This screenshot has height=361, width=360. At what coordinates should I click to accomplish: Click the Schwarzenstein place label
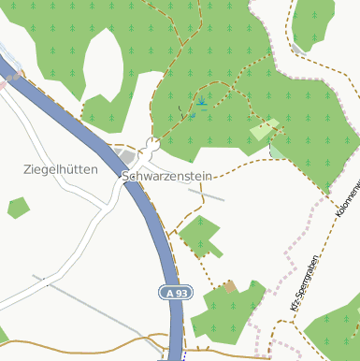click(x=167, y=176)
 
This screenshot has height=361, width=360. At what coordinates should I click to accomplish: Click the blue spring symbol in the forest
click(x=201, y=101)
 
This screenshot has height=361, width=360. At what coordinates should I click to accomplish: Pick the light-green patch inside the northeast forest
click(x=266, y=129)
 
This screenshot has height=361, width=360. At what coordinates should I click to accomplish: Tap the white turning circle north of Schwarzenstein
click(x=151, y=144)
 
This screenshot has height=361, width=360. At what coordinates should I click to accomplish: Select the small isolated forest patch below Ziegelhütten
click(x=19, y=208)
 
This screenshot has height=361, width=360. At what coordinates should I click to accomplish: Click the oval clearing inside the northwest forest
click(x=103, y=65)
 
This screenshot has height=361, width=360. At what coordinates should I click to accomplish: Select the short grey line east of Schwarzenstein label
click(x=207, y=194)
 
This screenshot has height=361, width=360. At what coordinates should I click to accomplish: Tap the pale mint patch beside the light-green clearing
click(x=278, y=149)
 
